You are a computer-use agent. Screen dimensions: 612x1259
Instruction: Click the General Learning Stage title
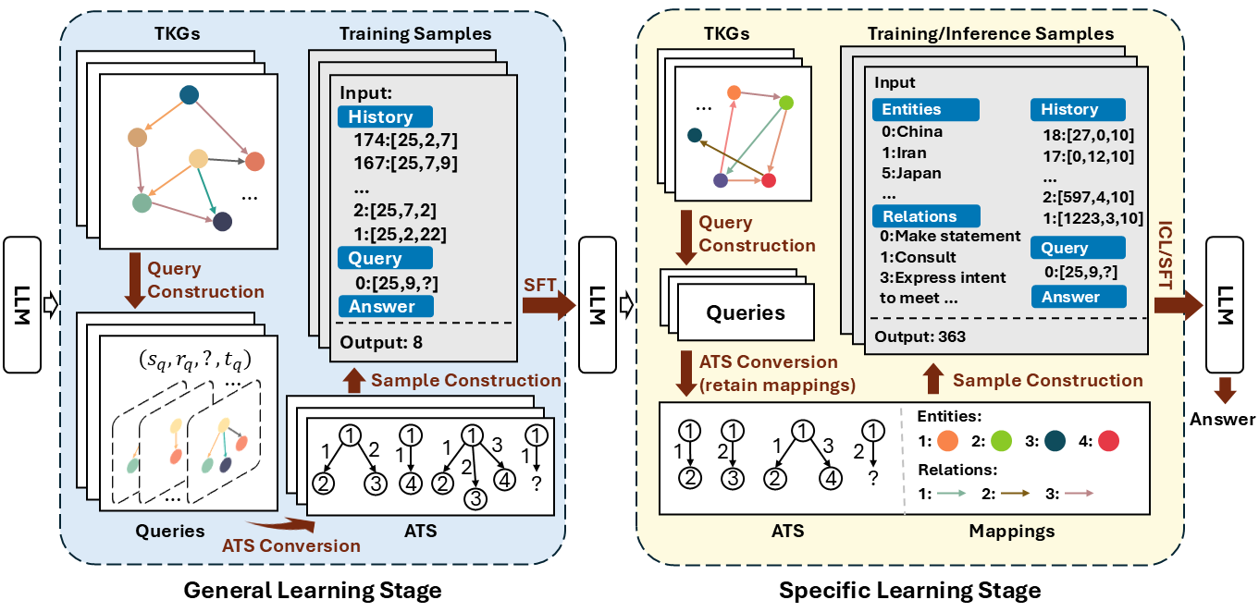point(313,590)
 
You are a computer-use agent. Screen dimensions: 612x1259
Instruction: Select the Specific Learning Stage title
point(909,590)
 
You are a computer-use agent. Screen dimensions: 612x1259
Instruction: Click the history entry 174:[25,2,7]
point(406,141)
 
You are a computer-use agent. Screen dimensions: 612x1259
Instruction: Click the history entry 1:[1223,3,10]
point(1091,219)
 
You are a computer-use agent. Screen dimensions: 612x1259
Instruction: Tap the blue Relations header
point(925,216)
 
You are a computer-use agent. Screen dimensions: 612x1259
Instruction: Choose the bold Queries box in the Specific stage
point(746,312)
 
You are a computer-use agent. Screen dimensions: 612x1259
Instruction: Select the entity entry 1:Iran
point(905,153)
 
